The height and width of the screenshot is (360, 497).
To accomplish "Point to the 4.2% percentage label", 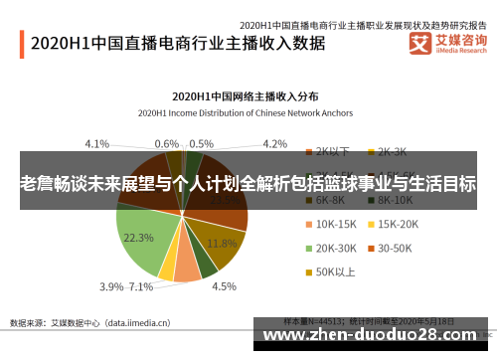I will pyautogui.click(x=274, y=143).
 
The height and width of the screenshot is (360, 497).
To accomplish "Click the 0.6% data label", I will pyautogui.click(x=167, y=143).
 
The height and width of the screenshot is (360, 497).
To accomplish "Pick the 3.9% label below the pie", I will pyautogui.click(x=111, y=287).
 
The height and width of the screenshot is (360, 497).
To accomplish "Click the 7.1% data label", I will pyautogui.click(x=142, y=287).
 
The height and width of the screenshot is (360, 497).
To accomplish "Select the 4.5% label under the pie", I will pyautogui.click(x=224, y=287).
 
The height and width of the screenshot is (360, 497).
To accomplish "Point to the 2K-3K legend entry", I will pyautogui.click(x=396, y=152).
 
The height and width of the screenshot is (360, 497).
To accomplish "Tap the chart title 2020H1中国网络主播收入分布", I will pyautogui.click(x=246, y=97).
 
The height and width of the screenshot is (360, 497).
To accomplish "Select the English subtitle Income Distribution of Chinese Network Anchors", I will pyautogui.click(x=246, y=111).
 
